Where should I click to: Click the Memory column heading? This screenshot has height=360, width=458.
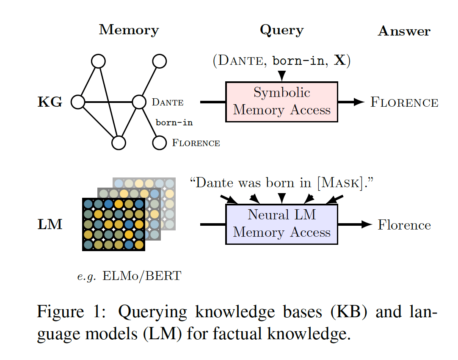(x=129, y=30)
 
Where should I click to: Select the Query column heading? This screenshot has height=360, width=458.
(x=281, y=30)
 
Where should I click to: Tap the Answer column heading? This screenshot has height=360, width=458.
(x=404, y=31)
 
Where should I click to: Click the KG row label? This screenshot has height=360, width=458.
(x=50, y=102)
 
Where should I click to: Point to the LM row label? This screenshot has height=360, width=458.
(x=50, y=224)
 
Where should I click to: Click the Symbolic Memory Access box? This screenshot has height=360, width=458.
(x=282, y=102)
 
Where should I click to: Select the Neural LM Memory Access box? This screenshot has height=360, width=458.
(x=282, y=224)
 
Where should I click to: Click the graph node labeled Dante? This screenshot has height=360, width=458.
(x=139, y=102)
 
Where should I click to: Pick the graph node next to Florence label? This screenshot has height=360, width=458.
(x=159, y=143)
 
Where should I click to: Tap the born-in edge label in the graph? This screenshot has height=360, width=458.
(x=174, y=123)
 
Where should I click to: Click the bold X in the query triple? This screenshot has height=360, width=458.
(x=339, y=61)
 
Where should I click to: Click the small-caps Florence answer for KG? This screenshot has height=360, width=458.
(x=404, y=102)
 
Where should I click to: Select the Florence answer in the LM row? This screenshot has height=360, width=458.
(x=404, y=225)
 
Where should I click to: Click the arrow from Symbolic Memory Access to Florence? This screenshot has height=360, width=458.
(x=351, y=102)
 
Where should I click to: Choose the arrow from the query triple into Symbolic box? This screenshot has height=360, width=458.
(x=282, y=75)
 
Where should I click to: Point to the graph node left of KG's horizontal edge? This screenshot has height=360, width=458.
(x=78, y=102)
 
